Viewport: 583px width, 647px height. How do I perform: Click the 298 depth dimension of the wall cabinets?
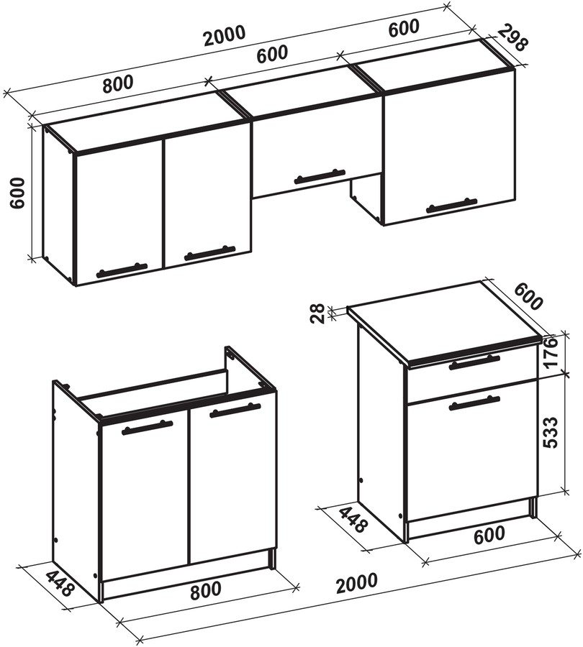(x=512, y=37)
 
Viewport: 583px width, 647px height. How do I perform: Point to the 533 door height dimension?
(x=550, y=432)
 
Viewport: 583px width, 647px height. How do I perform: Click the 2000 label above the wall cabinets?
(x=225, y=35)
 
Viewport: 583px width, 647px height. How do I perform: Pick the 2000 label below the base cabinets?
(x=356, y=582)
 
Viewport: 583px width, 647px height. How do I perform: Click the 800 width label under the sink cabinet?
(x=205, y=588)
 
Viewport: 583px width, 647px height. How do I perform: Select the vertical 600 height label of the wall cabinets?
(x=18, y=193)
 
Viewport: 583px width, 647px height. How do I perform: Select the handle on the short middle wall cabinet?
(x=319, y=176)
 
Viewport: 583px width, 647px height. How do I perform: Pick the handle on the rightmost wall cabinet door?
(x=451, y=205)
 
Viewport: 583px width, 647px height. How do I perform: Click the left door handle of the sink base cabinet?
(x=147, y=428)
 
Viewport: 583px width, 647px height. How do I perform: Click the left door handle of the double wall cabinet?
(x=122, y=270)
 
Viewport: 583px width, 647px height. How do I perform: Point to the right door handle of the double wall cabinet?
(x=209, y=253)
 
